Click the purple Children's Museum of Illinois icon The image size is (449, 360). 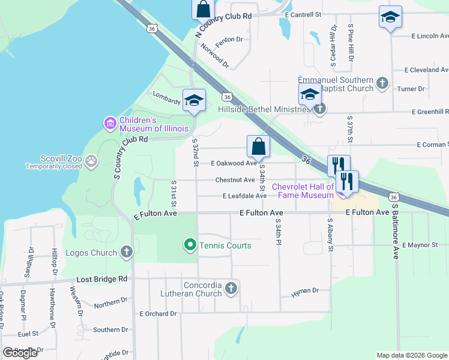pos(110,124)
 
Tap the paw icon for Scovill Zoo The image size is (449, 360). pos(91,160)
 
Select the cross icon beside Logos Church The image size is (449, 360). pos(126,253)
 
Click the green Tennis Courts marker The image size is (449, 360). pos(190,245)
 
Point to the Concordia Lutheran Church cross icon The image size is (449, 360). pos(231,290)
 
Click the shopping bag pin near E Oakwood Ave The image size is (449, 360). pos(258,146)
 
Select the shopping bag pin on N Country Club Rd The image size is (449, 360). pos(203,10)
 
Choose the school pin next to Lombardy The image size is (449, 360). pos(194,101)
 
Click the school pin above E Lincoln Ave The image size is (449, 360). pos(390,17)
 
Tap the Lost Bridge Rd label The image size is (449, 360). pos(102,279)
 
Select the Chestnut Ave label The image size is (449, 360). pos(235,180)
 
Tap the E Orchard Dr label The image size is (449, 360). pos(158,313)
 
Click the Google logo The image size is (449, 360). pos(20,353)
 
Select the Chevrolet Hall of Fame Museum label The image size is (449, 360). pos(303,191)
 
